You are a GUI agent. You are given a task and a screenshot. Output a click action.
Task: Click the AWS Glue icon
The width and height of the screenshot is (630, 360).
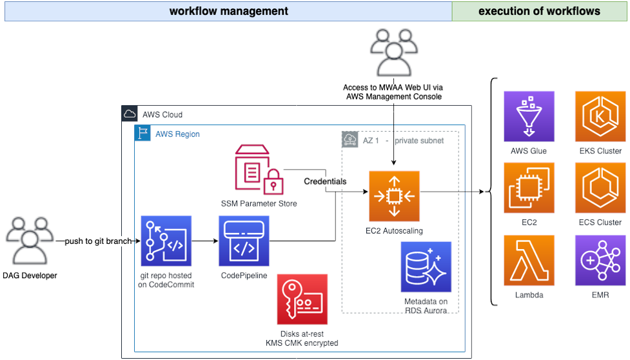(529, 116)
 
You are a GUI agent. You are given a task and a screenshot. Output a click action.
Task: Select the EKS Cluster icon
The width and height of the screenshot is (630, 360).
(600, 116)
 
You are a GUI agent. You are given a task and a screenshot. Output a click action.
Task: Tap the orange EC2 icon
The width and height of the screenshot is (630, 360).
(529, 188)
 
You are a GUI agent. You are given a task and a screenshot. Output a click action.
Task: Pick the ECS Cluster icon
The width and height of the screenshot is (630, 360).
(600, 188)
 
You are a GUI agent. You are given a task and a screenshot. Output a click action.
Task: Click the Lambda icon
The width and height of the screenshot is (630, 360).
(529, 261)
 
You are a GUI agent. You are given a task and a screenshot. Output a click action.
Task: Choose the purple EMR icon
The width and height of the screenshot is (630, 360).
(600, 261)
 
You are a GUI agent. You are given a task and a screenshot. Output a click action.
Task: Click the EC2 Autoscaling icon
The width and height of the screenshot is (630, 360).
(394, 196)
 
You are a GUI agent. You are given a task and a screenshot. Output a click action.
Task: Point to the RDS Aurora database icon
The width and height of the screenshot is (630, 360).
(426, 267)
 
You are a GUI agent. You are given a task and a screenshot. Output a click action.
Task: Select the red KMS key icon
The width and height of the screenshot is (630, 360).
(302, 299)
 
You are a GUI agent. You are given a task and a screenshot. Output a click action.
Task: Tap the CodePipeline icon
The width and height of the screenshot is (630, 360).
(244, 241)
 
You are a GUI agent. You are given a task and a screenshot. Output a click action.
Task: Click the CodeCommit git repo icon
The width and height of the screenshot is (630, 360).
(166, 241)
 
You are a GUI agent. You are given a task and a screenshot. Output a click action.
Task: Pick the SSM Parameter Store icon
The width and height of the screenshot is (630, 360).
(259, 170)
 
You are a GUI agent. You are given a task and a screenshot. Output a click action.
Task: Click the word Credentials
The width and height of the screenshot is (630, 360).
(325, 181)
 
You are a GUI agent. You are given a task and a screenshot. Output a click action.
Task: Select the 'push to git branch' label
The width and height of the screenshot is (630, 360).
(98, 241)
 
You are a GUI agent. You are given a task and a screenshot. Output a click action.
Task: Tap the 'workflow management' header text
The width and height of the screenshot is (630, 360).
(229, 11)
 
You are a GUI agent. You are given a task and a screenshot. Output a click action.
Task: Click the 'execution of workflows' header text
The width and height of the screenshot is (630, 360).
(539, 11)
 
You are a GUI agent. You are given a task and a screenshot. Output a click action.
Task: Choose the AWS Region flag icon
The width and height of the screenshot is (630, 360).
(143, 133)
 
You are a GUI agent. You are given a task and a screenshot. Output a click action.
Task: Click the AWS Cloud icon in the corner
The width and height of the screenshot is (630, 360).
(130, 114)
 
